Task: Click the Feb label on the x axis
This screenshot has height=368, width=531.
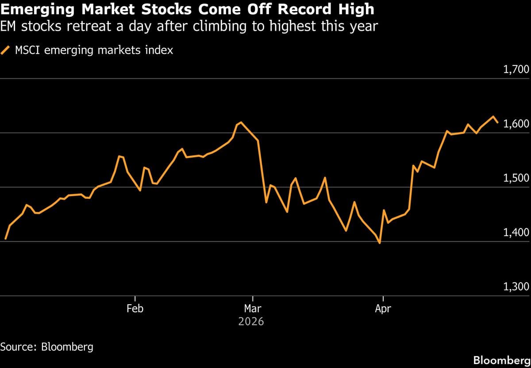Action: pos(135,309)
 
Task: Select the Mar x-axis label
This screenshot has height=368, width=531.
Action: pos(252,309)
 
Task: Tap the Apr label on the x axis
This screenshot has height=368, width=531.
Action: pos(383,309)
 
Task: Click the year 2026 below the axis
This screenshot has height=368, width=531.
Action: pos(251,322)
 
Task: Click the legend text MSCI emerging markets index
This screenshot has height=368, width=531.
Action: pos(94,50)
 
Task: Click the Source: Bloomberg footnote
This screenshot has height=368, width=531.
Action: pos(47,346)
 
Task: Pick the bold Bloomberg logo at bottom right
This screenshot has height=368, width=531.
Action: pos(501,360)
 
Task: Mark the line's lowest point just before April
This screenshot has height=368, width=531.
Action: pos(380,243)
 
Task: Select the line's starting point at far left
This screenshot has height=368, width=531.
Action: pos(5,239)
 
